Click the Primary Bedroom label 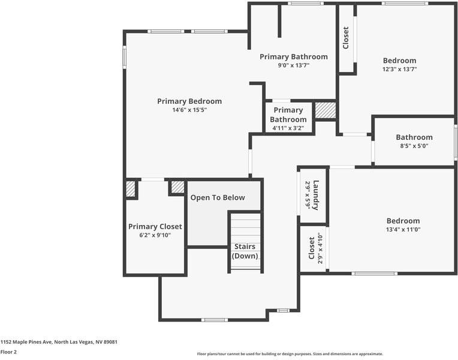[x=189, y=101]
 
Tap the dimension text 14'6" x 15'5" [x=189, y=110]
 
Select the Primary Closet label [x=155, y=227]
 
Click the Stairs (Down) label [x=245, y=251]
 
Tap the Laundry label [x=315, y=195]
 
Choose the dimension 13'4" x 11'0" [x=403, y=230]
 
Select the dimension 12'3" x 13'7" [x=399, y=69]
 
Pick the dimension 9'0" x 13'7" [x=293, y=65]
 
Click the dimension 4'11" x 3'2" [x=288, y=128]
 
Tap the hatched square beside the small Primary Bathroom [x=326, y=110]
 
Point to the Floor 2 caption [x=8, y=352]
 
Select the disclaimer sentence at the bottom [x=290, y=354]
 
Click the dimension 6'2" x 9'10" [x=155, y=235]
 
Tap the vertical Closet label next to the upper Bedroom [x=346, y=38]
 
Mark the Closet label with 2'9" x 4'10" [x=312, y=248]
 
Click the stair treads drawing [x=245, y=228]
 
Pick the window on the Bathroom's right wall [x=456, y=142]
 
